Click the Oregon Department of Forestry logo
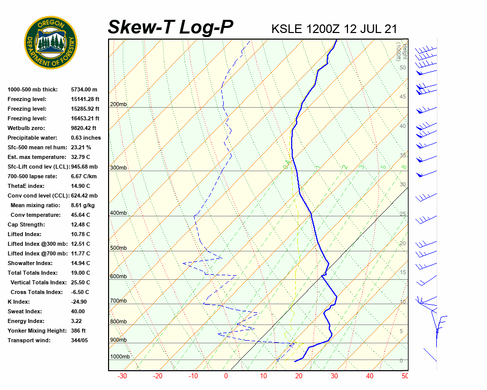point(51,42)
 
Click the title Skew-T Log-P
point(171,27)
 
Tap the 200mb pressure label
point(118,105)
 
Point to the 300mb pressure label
point(118,168)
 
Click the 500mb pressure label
point(118,248)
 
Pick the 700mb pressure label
point(118,301)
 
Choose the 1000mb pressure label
point(120,356)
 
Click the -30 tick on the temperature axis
point(122,376)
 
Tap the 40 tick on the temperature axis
point(370,376)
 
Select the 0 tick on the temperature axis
point(226,376)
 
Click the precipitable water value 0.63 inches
point(86,138)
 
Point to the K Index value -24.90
point(80,302)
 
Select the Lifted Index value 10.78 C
point(80,234)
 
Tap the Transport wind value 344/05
point(80,340)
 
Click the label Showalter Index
point(30,263)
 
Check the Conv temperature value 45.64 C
point(80,215)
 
